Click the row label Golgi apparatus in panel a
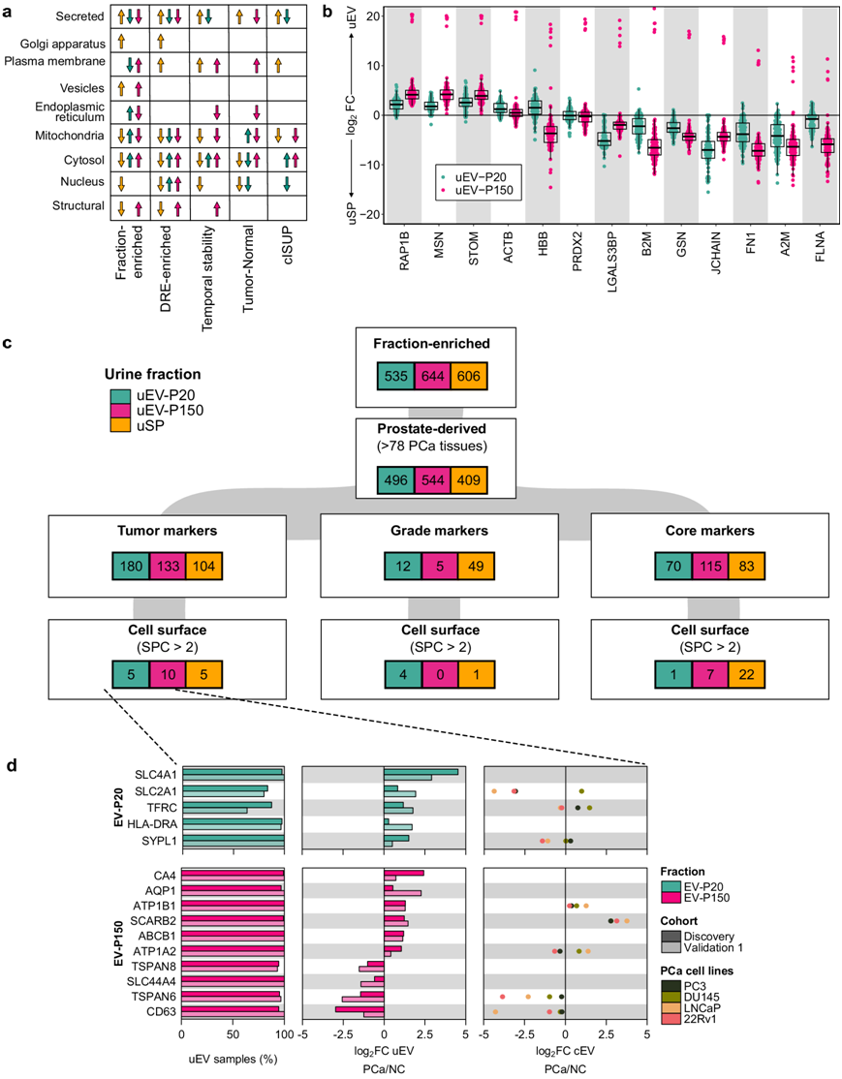66,43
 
